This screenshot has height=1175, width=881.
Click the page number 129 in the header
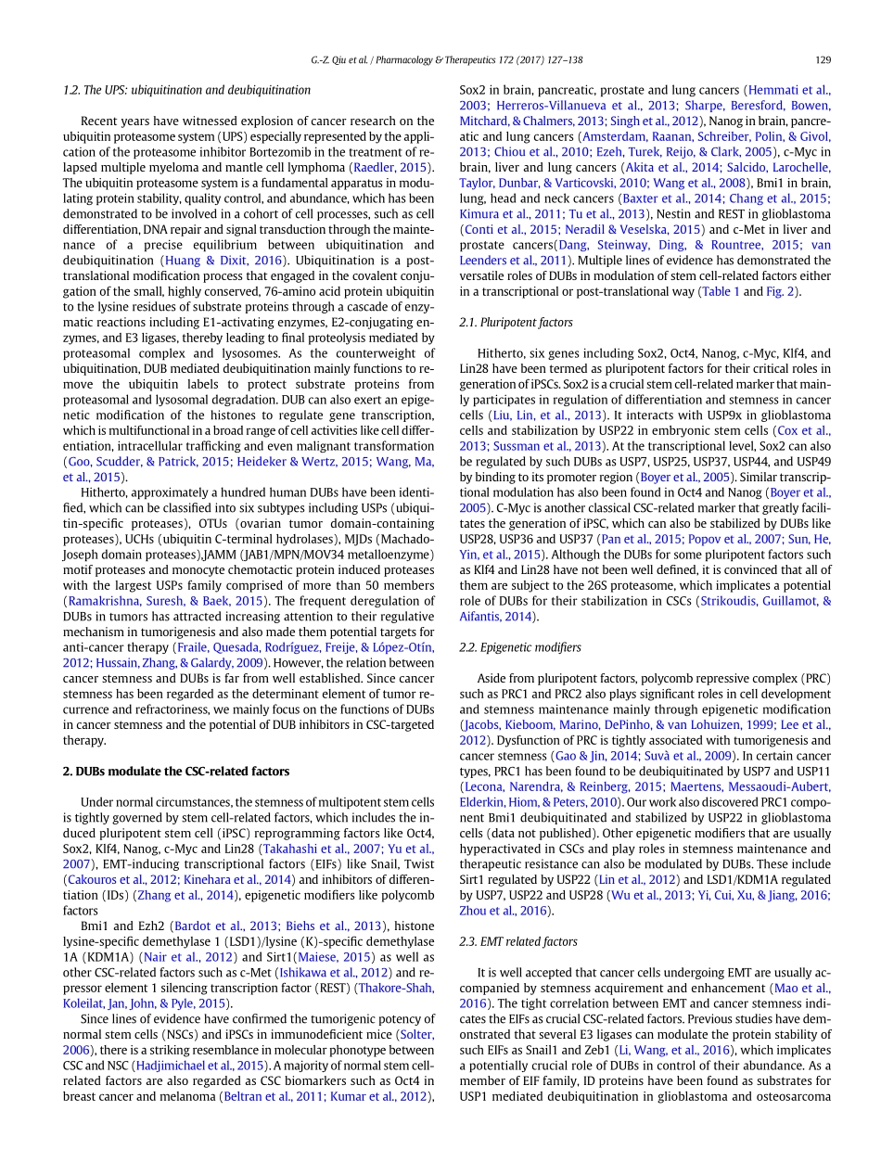823,59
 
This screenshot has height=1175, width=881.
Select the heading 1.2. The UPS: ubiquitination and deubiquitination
186,90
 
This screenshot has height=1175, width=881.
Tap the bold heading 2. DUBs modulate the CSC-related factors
176,771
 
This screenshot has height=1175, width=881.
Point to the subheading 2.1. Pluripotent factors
517,322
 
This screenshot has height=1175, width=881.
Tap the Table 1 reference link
721,291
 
